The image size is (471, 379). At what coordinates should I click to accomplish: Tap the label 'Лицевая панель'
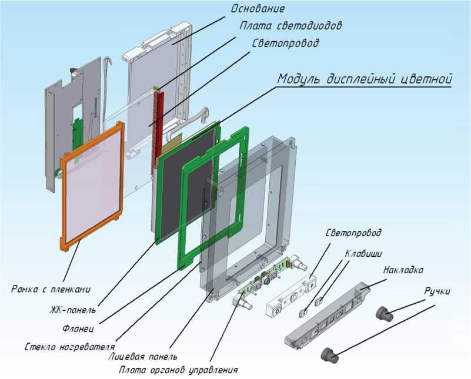[x=143, y=356]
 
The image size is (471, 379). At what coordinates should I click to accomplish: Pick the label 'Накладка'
[x=402, y=270]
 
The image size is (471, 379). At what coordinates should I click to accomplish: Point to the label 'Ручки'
[x=437, y=291]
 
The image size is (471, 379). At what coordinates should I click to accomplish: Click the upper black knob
[x=385, y=314]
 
